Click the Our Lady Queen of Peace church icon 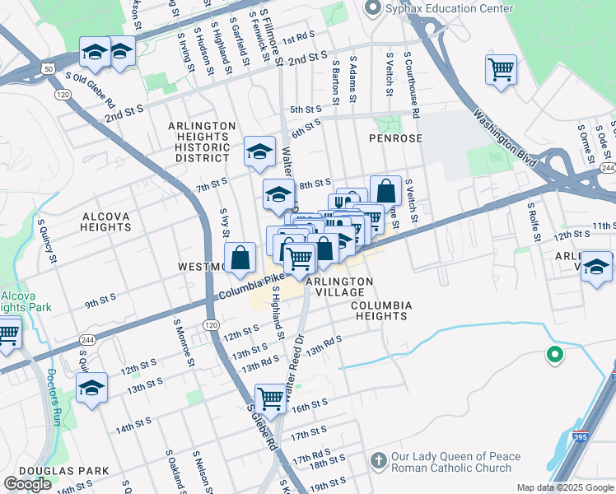[x=378, y=459]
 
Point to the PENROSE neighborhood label [x=394, y=138]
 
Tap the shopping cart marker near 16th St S [x=269, y=399]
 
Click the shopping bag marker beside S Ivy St [x=239, y=257]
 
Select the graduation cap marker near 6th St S [x=259, y=151]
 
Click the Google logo [x=27, y=484]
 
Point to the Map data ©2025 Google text [x=565, y=487]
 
